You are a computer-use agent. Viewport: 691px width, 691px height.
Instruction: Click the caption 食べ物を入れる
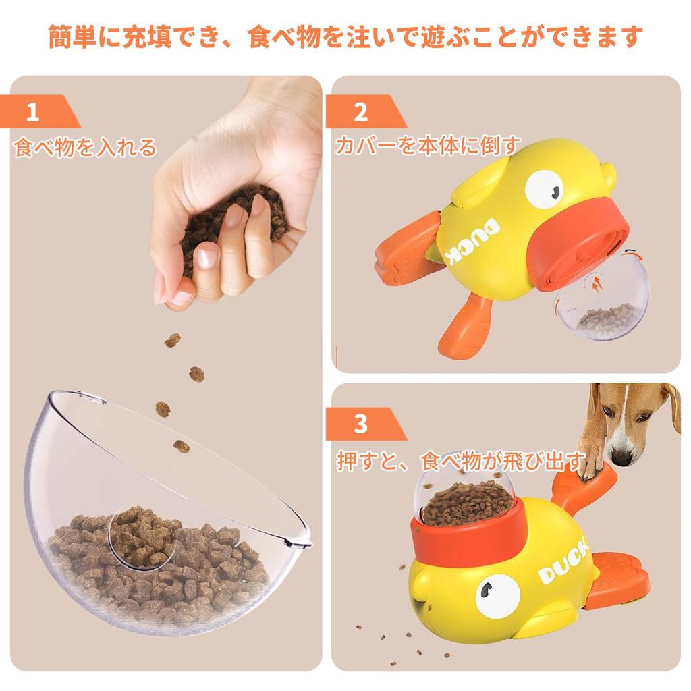click(85, 147)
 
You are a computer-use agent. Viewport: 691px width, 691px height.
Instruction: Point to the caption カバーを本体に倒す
click(428, 146)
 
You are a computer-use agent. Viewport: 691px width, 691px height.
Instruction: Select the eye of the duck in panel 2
click(545, 188)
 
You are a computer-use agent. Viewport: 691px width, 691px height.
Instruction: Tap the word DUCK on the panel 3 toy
click(565, 561)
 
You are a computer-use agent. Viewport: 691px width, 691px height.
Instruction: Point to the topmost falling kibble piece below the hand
click(173, 340)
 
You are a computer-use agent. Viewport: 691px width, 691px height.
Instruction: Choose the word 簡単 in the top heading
click(72, 37)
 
